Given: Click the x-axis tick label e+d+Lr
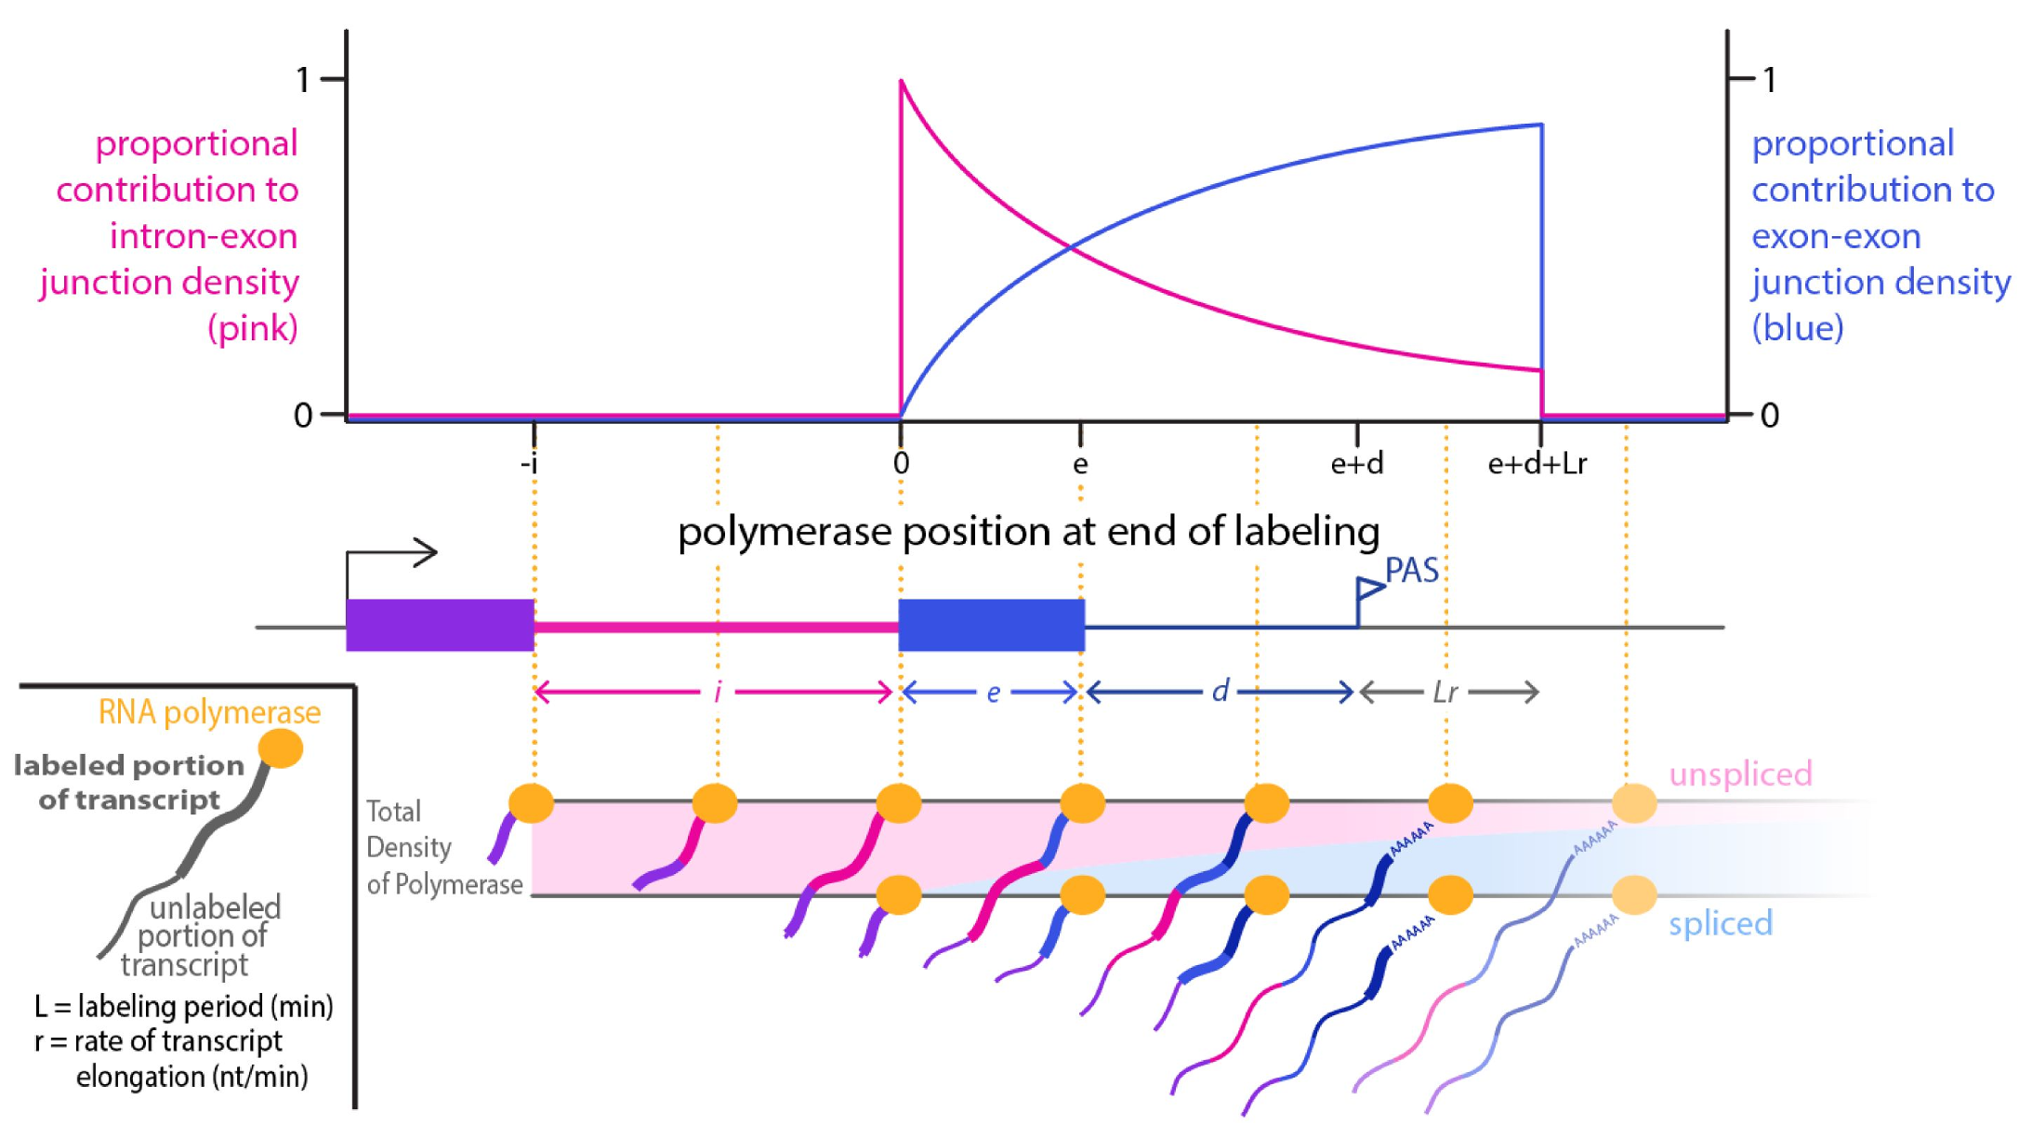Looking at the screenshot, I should (1537, 463).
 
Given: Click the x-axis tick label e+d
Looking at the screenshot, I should (1357, 463).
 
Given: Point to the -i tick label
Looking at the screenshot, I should (530, 463).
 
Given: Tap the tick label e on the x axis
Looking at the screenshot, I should (1080, 463).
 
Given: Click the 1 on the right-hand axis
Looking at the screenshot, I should (1770, 80).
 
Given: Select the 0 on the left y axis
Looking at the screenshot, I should (303, 415).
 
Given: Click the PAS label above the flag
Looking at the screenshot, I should (1412, 570).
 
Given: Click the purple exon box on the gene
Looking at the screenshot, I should (440, 625).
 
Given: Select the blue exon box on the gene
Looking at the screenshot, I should (991, 625).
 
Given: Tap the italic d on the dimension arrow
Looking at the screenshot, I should (1220, 691).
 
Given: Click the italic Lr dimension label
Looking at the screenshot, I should (1445, 692).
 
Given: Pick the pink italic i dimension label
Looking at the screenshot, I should (717, 692).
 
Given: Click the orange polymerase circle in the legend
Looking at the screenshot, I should (281, 748).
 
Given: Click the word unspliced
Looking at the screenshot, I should (1740, 774).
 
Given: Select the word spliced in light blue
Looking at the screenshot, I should (1721, 923).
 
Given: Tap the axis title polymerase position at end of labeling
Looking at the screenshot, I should (1028, 532).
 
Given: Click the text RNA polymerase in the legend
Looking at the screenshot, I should (209, 712).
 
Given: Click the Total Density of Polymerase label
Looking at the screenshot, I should (443, 847).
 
